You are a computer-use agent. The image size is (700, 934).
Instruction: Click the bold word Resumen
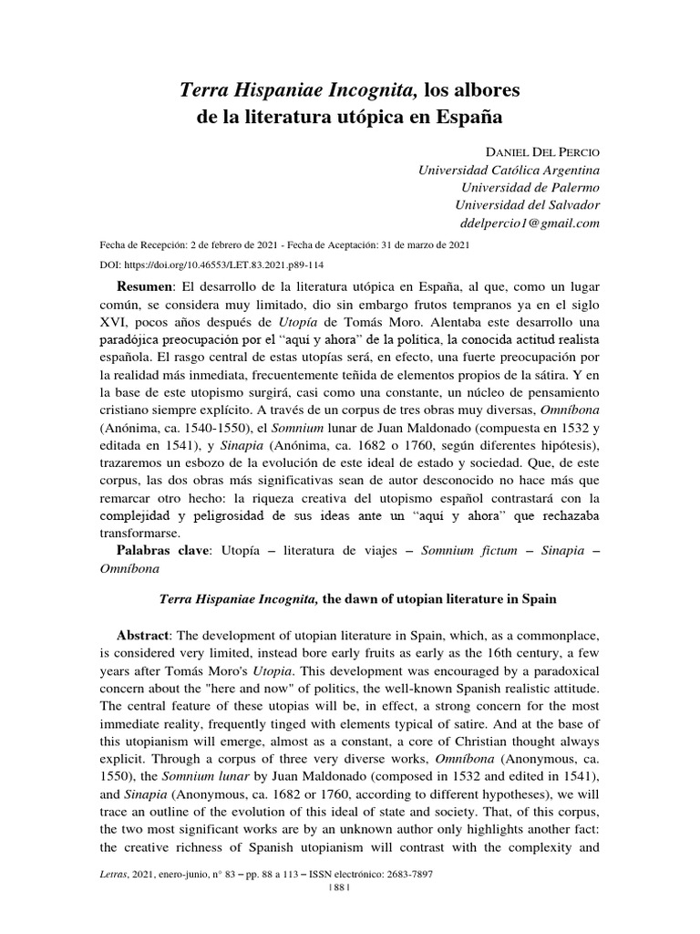tap(145, 285)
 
